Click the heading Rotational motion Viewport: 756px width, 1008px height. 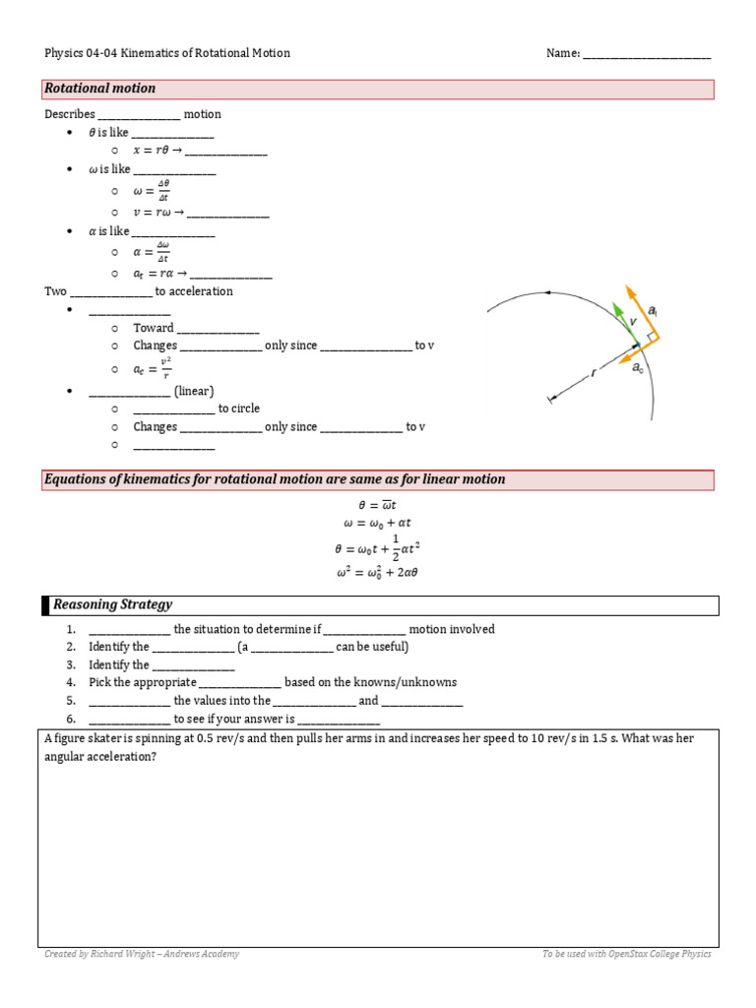pyautogui.click(x=99, y=89)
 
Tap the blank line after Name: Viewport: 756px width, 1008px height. pyautogui.click(x=647, y=54)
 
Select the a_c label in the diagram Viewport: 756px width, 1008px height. pyautogui.click(x=638, y=368)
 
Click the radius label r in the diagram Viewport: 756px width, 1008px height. pyautogui.click(x=594, y=373)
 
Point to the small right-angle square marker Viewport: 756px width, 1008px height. pyautogui.click(x=651, y=336)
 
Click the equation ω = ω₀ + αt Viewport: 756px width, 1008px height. pyautogui.click(x=378, y=524)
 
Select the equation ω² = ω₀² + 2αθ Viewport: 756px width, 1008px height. pyautogui.click(x=378, y=572)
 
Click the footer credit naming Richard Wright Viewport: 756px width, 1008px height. pyautogui.click(x=142, y=954)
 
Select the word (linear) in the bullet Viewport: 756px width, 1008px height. pyautogui.click(x=194, y=391)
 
